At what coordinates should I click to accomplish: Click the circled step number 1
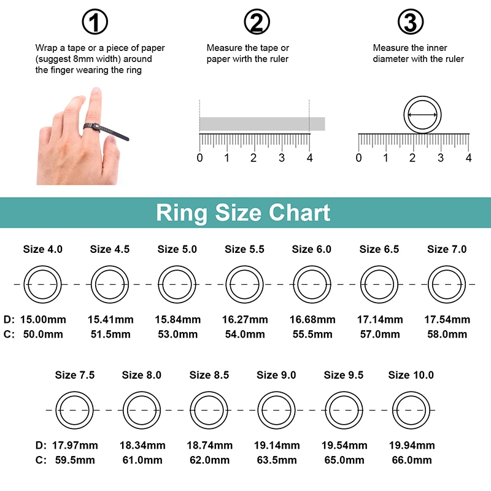coord(95,22)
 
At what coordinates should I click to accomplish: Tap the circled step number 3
coord(411,22)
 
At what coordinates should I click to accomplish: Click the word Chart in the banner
coord(300,212)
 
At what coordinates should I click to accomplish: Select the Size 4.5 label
coord(110,249)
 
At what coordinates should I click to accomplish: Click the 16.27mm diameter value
coord(245,320)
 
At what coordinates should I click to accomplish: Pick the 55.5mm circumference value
coord(312,334)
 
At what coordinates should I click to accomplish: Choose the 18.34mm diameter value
coord(142,446)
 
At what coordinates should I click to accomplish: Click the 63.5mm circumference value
coord(277,460)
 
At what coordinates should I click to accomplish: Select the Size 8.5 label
coord(209,375)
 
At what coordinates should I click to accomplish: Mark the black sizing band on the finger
coord(106,131)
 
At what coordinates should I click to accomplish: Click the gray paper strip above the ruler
coord(262,124)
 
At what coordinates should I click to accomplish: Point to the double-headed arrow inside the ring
coord(422,115)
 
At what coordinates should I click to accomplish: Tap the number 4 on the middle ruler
coord(310,158)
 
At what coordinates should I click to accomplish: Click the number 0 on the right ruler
coord(359,158)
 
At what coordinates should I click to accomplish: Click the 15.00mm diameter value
coord(43,320)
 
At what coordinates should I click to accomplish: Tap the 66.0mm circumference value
coord(412,460)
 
